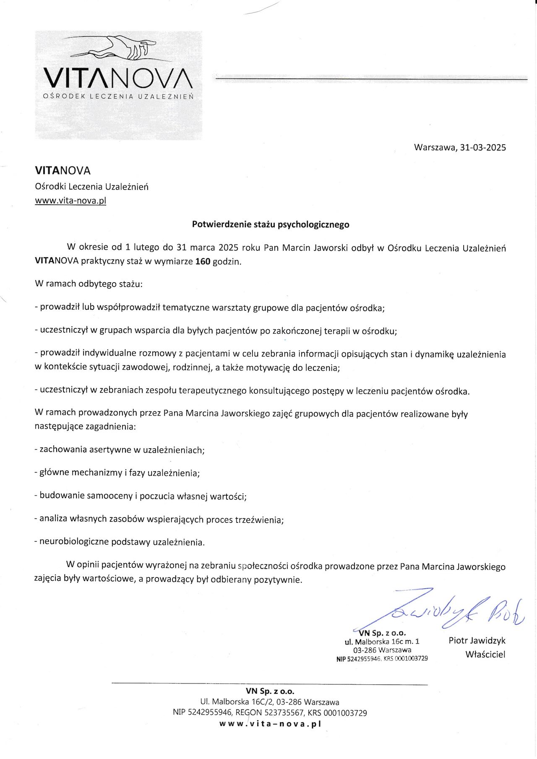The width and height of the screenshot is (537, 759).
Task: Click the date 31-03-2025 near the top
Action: point(483,148)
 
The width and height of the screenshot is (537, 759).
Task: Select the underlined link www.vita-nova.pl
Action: point(70,200)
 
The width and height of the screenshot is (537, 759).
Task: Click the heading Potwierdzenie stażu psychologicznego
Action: point(271,224)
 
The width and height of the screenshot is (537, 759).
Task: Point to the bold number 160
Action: point(203,262)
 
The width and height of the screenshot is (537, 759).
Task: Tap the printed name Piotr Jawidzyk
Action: point(477,640)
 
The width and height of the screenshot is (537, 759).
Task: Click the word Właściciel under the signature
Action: point(485,654)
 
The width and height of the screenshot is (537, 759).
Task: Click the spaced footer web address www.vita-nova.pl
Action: point(270,724)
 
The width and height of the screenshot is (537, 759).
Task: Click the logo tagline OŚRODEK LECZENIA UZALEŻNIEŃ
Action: point(118,96)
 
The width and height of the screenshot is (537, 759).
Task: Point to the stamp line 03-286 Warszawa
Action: point(382,650)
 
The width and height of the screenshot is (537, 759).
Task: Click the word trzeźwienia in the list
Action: point(258,520)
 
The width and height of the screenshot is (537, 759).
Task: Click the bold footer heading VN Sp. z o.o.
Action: point(270,691)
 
